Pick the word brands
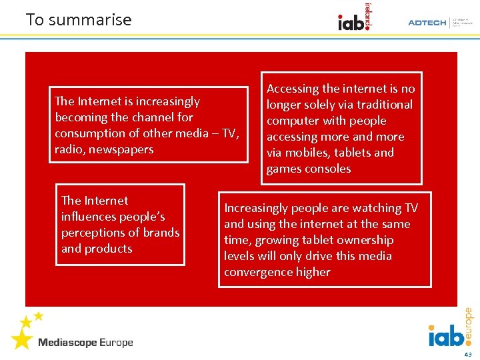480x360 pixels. (161, 233)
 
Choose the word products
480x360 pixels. (107, 249)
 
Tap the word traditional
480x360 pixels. (380, 105)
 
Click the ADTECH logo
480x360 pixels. (427, 23)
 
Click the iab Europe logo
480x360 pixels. (450, 329)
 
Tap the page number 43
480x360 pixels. (468, 354)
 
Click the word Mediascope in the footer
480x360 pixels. (67, 343)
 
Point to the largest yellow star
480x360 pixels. (21, 339)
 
